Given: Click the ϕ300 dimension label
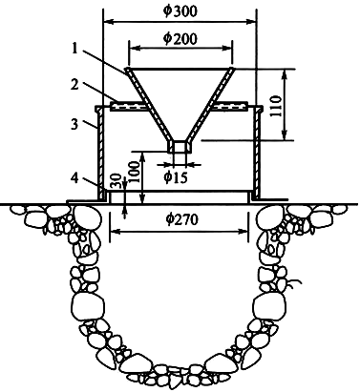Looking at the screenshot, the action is tap(180, 10).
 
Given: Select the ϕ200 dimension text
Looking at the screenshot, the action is tap(180, 38).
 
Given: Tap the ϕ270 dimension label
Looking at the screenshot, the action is tap(181, 219).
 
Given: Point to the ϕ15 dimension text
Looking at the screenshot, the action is tap(176, 177).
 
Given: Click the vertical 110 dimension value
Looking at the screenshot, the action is tap(276, 106).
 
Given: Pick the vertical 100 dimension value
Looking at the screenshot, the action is tap(135, 172).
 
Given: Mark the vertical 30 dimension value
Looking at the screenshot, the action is tap(116, 180).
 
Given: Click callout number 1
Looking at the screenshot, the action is tap(75, 49).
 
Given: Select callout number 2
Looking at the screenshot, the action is tap(74, 85).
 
